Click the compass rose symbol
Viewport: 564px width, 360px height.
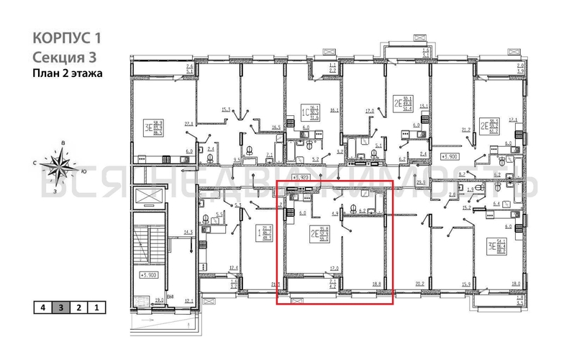[58, 166]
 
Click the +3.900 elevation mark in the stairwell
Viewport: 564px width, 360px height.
[149, 274]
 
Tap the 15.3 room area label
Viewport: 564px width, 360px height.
[226, 110]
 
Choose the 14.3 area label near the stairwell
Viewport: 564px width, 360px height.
[188, 232]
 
